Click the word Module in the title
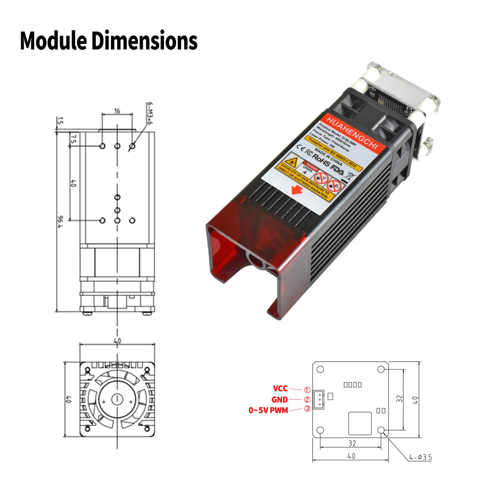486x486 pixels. pyautogui.click(x=53, y=40)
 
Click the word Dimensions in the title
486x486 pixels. pyautogui.click(x=145, y=40)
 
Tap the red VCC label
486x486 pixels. pyautogui.click(x=280, y=388)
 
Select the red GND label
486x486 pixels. pyautogui.click(x=279, y=400)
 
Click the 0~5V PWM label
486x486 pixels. pyautogui.click(x=268, y=410)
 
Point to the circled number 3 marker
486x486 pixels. pyautogui.click(x=307, y=409)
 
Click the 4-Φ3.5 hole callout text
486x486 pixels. pyautogui.click(x=420, y=457)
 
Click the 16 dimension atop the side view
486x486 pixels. pyautogui.click(x=117, y=111)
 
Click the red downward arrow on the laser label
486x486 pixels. pyautogui.click(x=297, y=190)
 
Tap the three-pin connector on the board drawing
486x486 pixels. pyautogui.click(x=318, y=400)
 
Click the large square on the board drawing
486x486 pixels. pyautogui.click(x=359, y=423)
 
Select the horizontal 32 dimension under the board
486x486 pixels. pyautogui.click(x=352, y=443)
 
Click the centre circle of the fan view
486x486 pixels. pyautogui.click(x=117, y=399)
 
